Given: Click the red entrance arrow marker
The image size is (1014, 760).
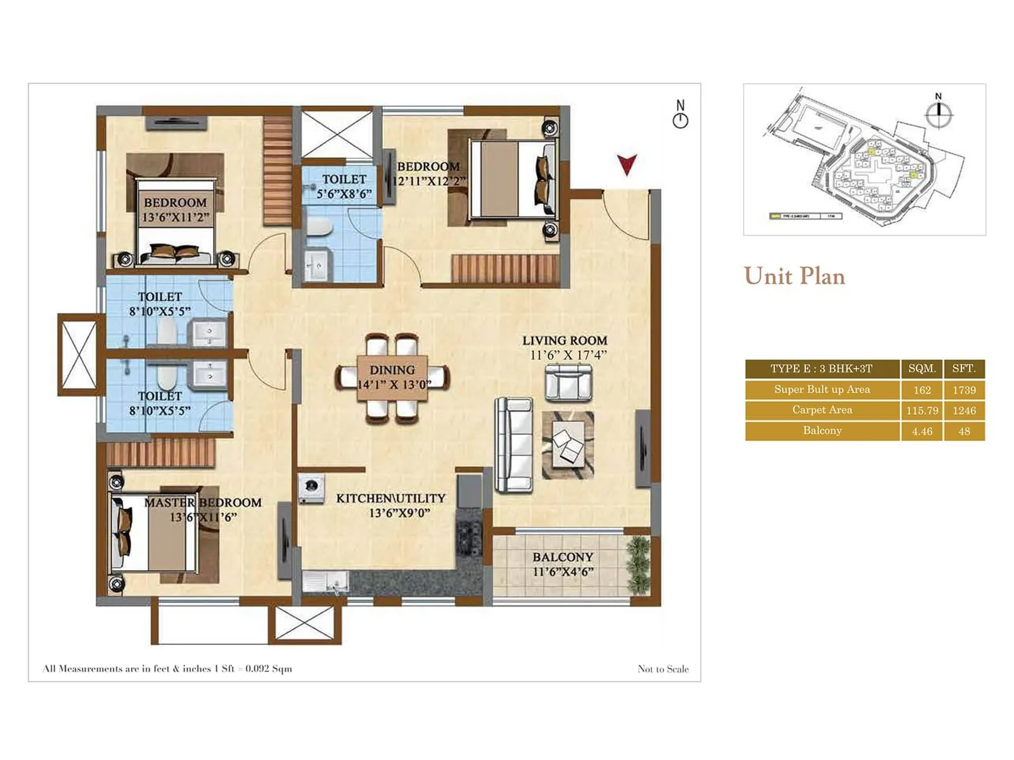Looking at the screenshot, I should [x=627, y=165].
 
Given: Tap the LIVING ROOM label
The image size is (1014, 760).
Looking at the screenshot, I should [x=565, y=341].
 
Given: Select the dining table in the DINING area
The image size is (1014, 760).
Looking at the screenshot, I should [x=392, y=378].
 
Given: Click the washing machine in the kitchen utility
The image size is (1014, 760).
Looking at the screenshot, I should [x=311, y=488].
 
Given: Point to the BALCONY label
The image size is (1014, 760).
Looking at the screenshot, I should [x=563, y=557].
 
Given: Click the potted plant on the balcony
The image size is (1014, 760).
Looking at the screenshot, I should [x=638, y=564].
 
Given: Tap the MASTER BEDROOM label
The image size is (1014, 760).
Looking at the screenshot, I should [x=203, y=503].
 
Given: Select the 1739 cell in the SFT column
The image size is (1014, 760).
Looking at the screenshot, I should [x=964, y=390].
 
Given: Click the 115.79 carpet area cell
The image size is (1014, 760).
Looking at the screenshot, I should [x=922, y=410].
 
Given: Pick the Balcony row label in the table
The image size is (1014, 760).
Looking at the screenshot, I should [x=822, y=431].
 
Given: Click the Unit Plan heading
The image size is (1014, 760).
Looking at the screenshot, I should [x=795, y=276].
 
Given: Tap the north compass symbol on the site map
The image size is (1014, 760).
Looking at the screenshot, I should [x=939, y=113].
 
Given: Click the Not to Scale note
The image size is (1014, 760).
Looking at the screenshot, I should [x=663, y=669].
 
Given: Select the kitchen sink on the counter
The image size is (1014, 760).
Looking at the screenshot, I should [x=325, y=580].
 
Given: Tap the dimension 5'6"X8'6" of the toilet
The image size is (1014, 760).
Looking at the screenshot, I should [x=344, y=194].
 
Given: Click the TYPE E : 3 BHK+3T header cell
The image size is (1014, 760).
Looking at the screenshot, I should [x=822, y=369].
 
